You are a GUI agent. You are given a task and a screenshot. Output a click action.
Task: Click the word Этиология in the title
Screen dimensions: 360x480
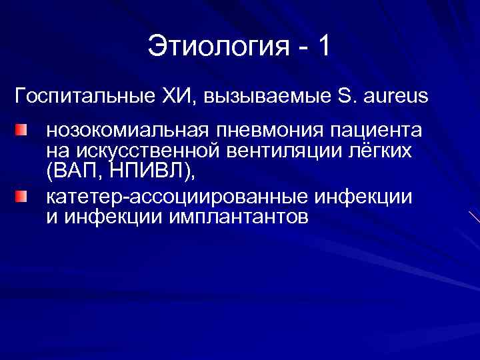click(x=217, y=47)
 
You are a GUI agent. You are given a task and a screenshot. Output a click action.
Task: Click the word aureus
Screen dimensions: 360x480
click(x=395, y=97)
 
